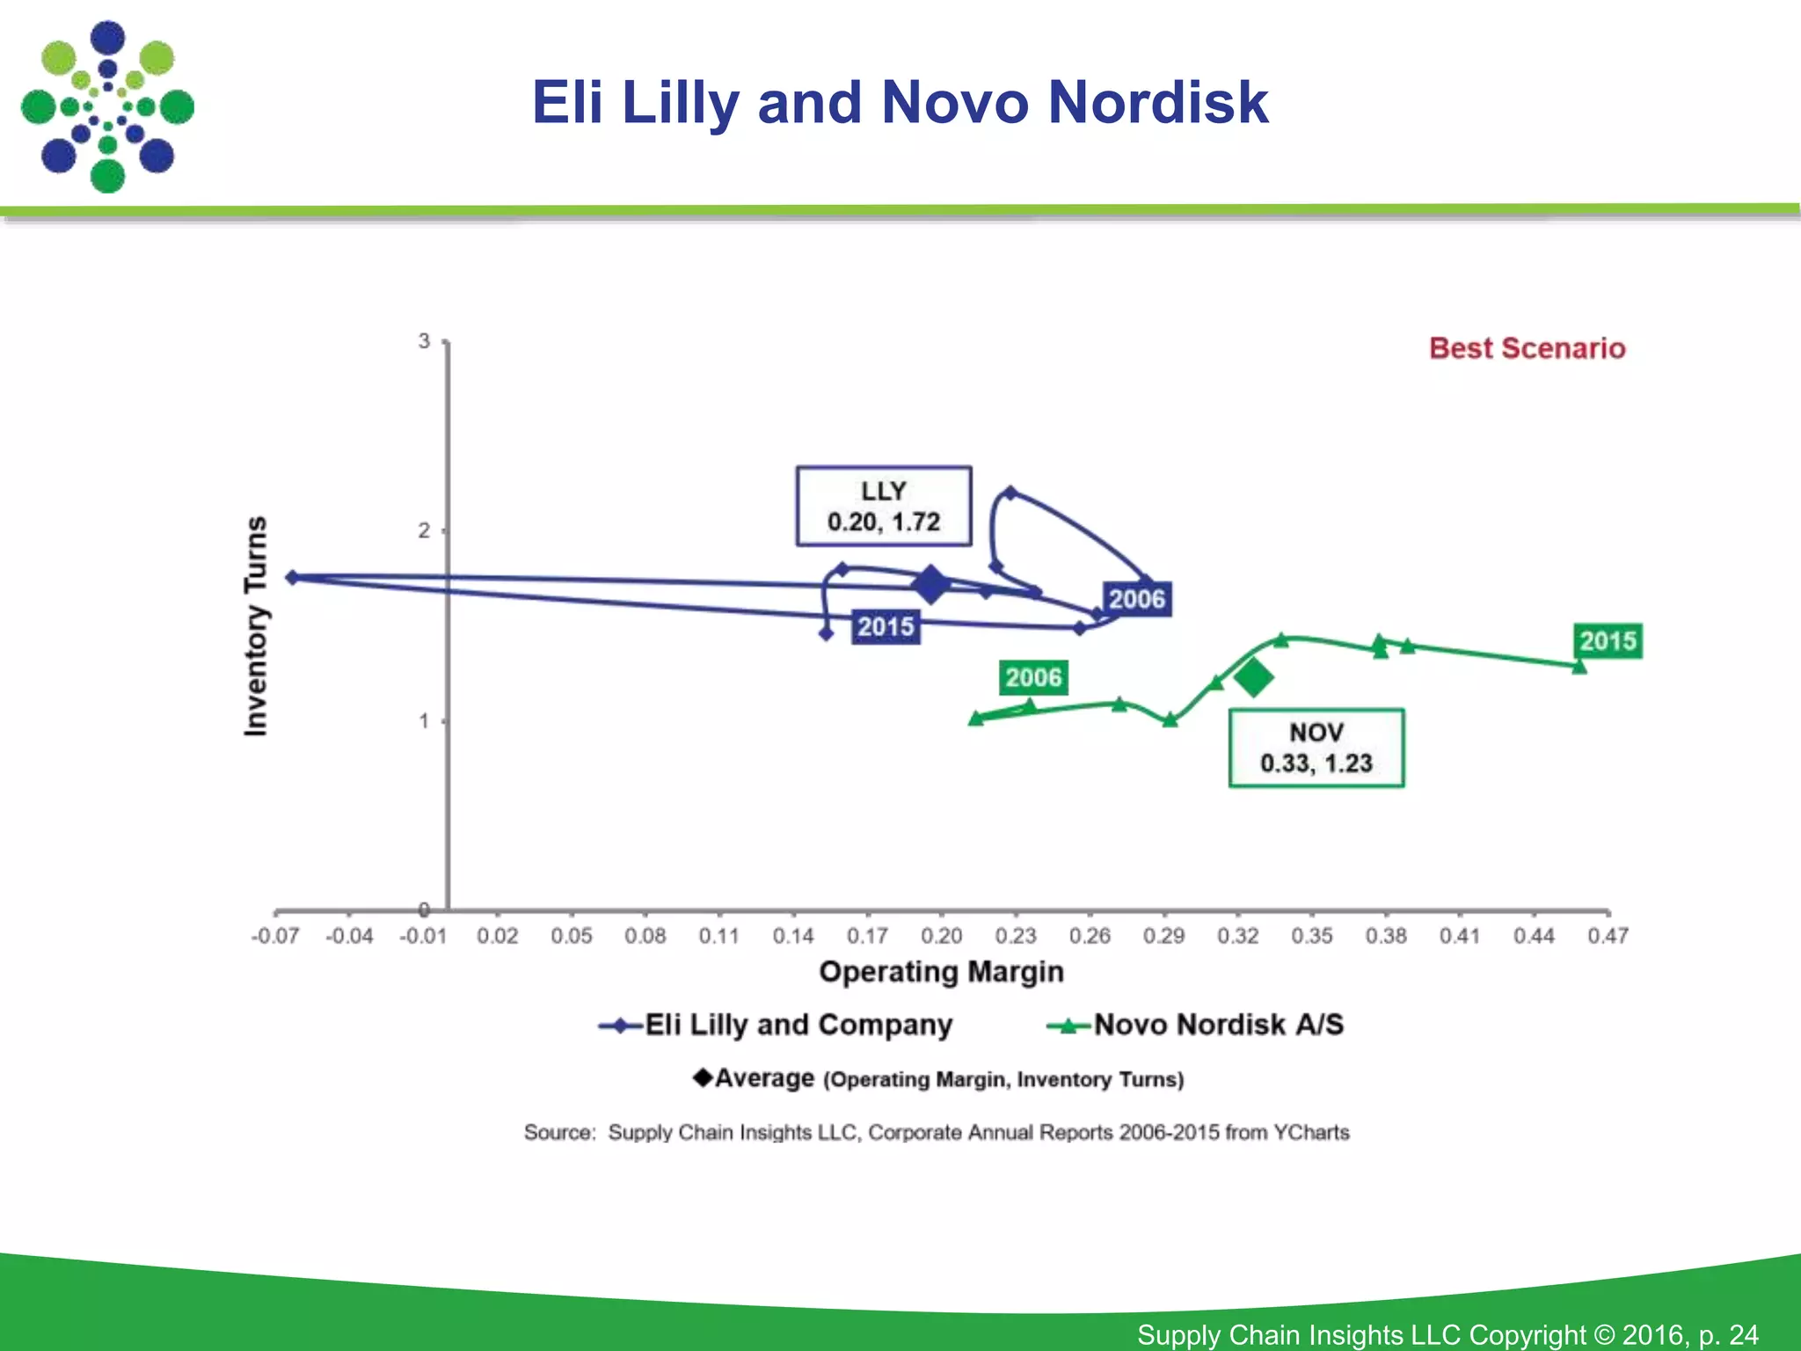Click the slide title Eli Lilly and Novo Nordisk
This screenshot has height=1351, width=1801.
[900, 102]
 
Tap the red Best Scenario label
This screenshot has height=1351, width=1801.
[1527, 348]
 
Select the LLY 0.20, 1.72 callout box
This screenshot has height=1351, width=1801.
[883, 507]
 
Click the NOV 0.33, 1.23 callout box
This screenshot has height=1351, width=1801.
[1316, 748]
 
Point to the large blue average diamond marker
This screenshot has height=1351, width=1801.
[930, 584]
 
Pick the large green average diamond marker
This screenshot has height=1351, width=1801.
[1253, 676]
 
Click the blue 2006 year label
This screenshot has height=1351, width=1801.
[1136, 600]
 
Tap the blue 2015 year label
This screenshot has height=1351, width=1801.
[886, 627]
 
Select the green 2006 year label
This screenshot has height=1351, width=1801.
[1033, 677]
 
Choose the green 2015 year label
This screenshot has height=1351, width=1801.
[1608, 641]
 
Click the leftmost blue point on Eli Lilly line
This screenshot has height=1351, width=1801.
[294, 577]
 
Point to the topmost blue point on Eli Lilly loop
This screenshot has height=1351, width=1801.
[1010, 493]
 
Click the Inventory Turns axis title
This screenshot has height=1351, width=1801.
[255, 625]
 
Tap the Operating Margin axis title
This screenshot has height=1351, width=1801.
[941, 972]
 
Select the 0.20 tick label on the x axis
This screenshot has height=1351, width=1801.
[941, 936]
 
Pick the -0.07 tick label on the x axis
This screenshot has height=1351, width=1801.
[275, 936]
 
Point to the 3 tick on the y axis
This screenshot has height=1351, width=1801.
[425, 341]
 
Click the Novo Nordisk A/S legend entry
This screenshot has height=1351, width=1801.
[1196, 1026]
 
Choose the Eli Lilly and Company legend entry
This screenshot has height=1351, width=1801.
[776, 1026]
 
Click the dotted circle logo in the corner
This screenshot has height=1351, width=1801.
[107, 107]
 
